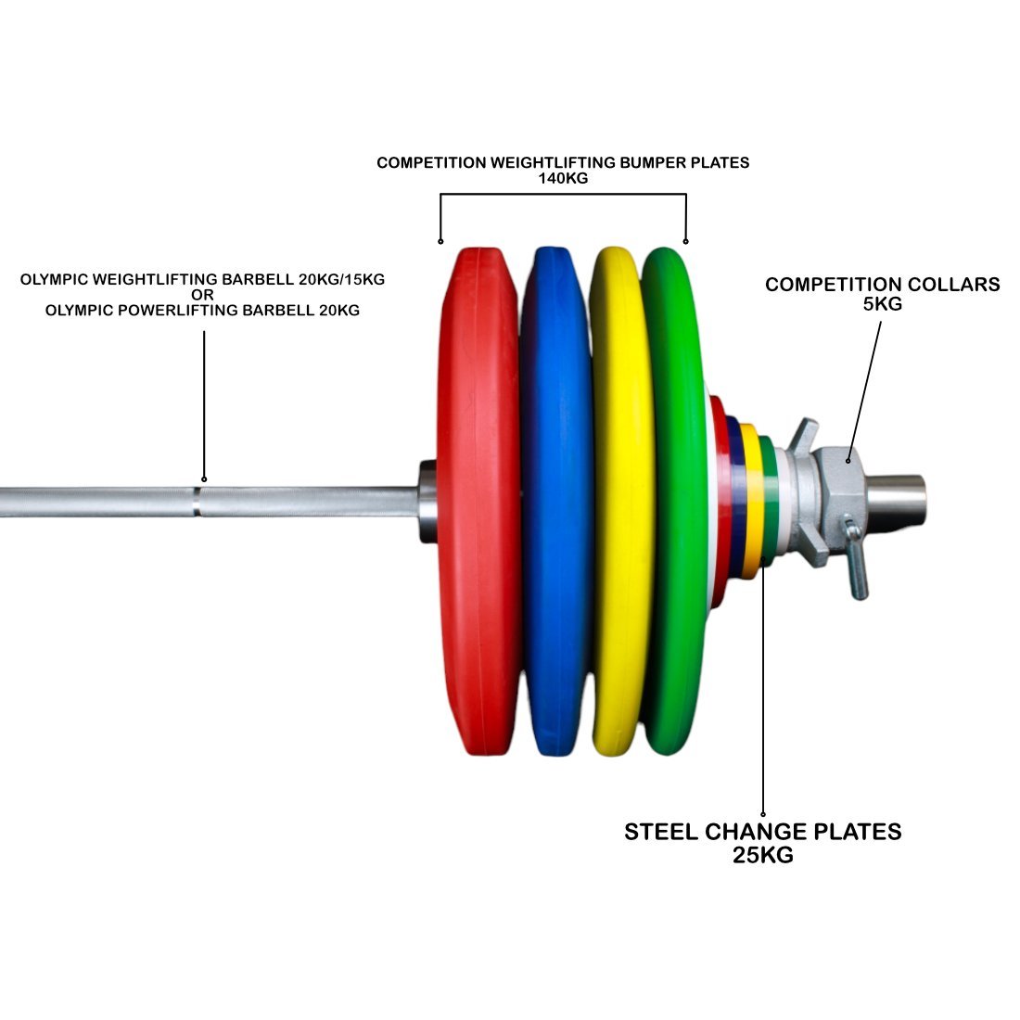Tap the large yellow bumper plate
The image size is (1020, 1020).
coord(618,501)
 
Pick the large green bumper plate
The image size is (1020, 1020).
coord(675,501)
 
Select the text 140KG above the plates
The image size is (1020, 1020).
coord(563,178)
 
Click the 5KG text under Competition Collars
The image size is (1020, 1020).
coord(882,303)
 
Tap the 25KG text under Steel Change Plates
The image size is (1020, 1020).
coord(762,855)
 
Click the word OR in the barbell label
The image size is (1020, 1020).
coord(202,295)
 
